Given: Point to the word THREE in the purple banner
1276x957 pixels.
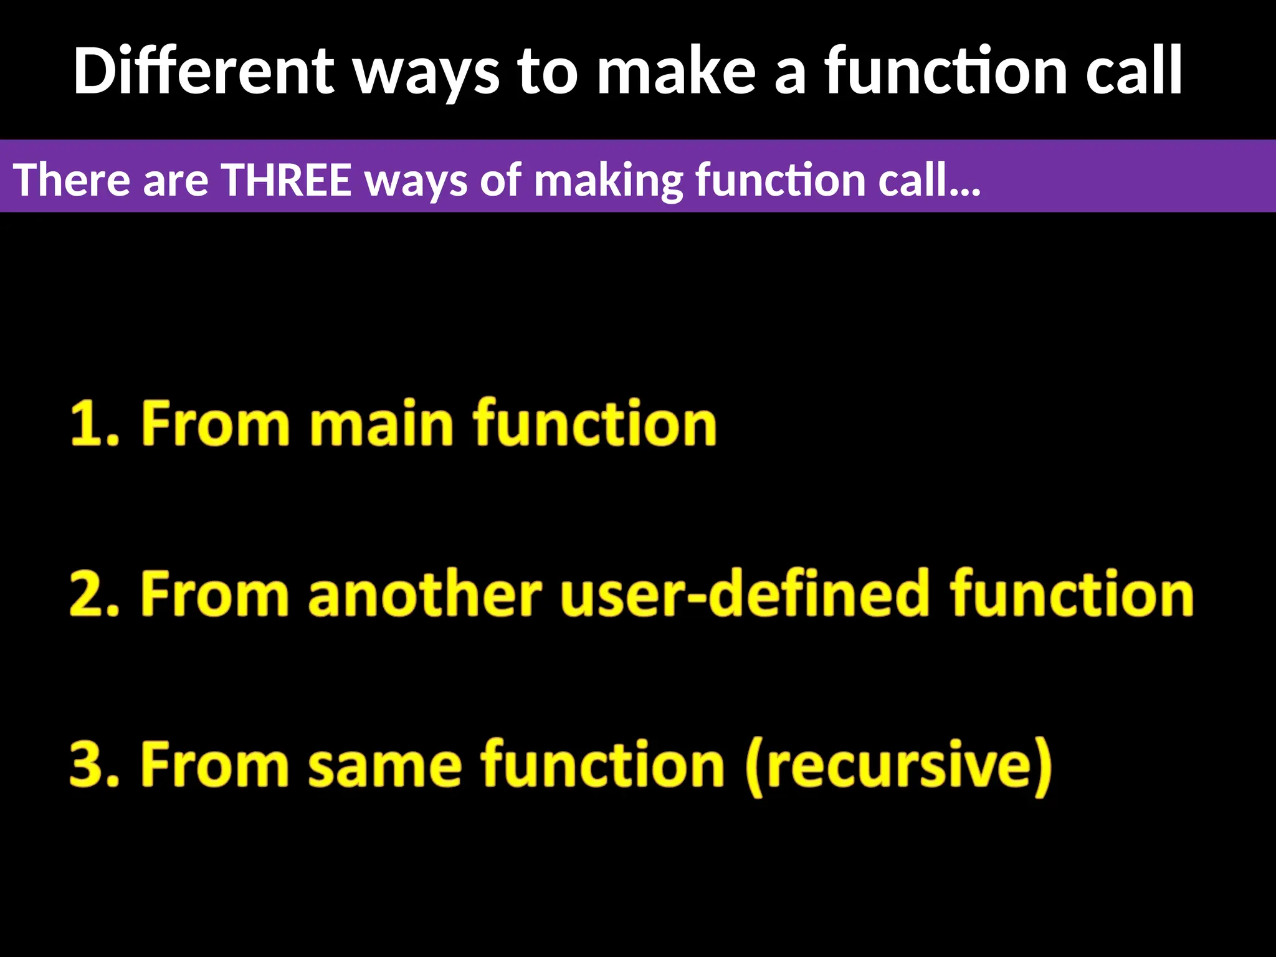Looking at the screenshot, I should pos(287,180).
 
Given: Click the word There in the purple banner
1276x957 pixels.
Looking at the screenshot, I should pos(71,180).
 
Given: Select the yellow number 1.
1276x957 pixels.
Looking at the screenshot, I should pos(87,424).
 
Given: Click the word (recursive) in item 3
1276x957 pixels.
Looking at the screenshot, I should pos(898,766).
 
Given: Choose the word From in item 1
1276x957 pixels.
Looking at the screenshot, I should pos(216,424).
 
